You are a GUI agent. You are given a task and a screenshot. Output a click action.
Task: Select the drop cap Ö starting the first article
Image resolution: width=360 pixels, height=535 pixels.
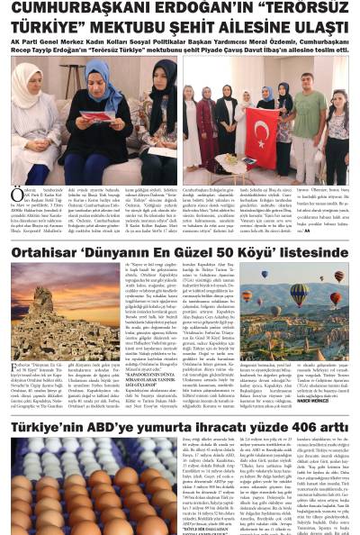(x=13, y=195)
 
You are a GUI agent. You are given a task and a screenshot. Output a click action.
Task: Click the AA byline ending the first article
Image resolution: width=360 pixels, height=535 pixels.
(x=332, y=230)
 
